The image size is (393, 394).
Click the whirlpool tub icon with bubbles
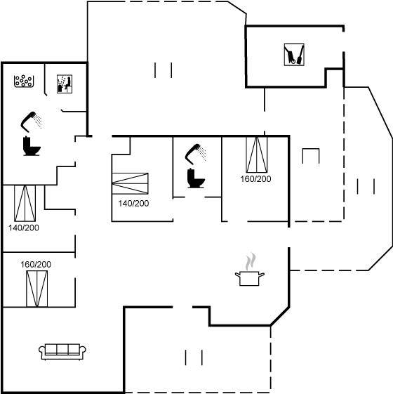(24, 81)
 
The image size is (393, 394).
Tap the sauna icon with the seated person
(65, 84)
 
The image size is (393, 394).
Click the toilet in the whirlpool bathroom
(32, 146)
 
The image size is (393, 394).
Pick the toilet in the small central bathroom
(196, 178)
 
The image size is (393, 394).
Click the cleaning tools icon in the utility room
(294, 55)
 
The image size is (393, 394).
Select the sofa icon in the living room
(62, 352)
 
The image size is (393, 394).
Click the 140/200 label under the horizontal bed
(133, 203)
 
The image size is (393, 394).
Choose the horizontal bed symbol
(130, 183)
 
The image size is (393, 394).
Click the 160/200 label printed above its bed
(36, 264)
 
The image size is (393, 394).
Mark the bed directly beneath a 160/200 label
(37, 289)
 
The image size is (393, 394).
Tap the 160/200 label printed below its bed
(256, 179)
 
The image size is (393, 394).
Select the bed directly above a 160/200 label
(257, 155)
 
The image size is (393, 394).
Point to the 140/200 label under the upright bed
(24, 228)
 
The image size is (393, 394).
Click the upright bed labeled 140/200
(25, 204)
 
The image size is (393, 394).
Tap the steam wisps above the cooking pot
(251, 261)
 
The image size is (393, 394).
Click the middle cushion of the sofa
(62, 349)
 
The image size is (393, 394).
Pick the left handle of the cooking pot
(238, 275)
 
